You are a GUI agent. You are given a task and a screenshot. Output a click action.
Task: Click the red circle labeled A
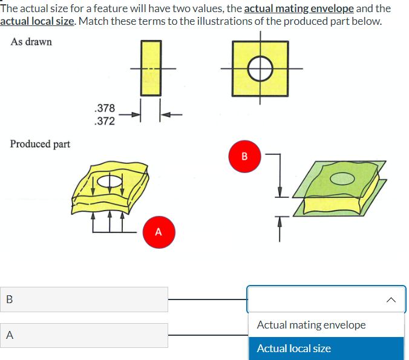(x=159, y=231)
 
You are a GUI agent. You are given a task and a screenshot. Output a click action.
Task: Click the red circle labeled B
(x=244, y=157)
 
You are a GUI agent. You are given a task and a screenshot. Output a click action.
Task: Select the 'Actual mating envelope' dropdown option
(x=311, y=325)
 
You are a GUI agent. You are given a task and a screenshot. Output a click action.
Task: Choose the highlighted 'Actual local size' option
(x=294, y=349)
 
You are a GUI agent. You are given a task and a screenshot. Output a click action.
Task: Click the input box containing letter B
(x=84, y=299)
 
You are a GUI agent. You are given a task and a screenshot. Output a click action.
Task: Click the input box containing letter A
(x=84, y=335)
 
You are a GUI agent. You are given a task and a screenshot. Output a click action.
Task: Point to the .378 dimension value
(x=105, y=108)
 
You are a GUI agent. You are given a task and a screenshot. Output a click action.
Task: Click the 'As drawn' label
(x=31, y=42)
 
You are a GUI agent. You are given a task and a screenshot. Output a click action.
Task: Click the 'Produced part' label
(x=40, y=144)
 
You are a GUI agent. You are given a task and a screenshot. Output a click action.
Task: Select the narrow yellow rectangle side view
(x=151, y=68)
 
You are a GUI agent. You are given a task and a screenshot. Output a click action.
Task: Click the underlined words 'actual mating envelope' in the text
(x=298, y=8)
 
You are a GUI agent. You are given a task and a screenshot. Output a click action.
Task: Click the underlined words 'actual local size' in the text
(x=38, y=21)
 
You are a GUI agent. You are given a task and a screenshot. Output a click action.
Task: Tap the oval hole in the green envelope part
(x=344, y=178)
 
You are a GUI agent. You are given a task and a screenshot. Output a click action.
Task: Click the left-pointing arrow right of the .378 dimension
(x=172, y=114)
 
